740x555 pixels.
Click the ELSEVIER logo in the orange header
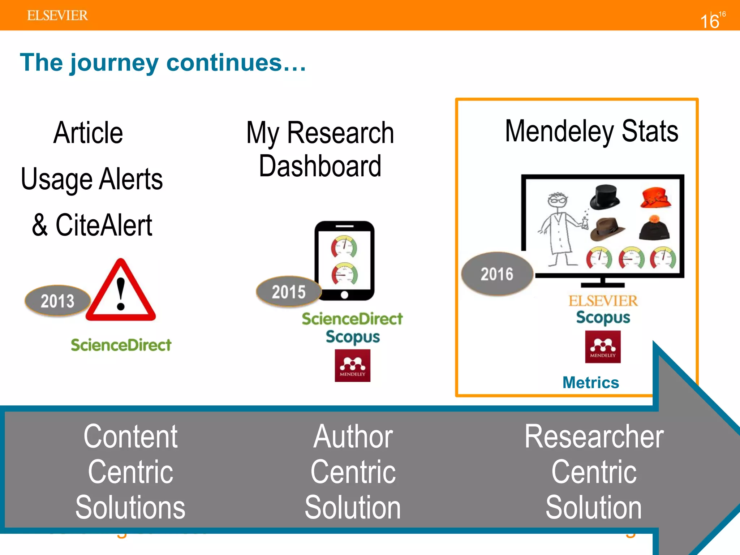click(x=57, y=16)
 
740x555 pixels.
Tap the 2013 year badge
click(x=57, y=301)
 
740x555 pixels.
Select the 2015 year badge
click(x=288, y=292)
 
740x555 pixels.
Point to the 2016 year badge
click(x=497, y=274)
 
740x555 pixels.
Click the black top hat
click(x=605, y=197)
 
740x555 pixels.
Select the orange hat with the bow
click(x=655, y=197)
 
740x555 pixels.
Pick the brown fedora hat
click(x=607, y=229)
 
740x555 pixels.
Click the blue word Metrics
click(x=591, y=383)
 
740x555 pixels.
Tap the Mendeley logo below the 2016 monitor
click(x=603, y=347)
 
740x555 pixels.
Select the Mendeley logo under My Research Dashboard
click(x=352, y=365)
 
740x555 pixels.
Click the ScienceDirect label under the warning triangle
click(x=121, y=345)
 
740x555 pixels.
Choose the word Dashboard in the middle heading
click(x=320, y=166)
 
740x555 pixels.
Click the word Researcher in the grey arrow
click(x=594, y=437)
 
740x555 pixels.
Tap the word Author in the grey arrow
click(x=353, y=437)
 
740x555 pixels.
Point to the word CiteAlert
click(x=104, y=225)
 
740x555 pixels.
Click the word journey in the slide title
click(x=114, y=63)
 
